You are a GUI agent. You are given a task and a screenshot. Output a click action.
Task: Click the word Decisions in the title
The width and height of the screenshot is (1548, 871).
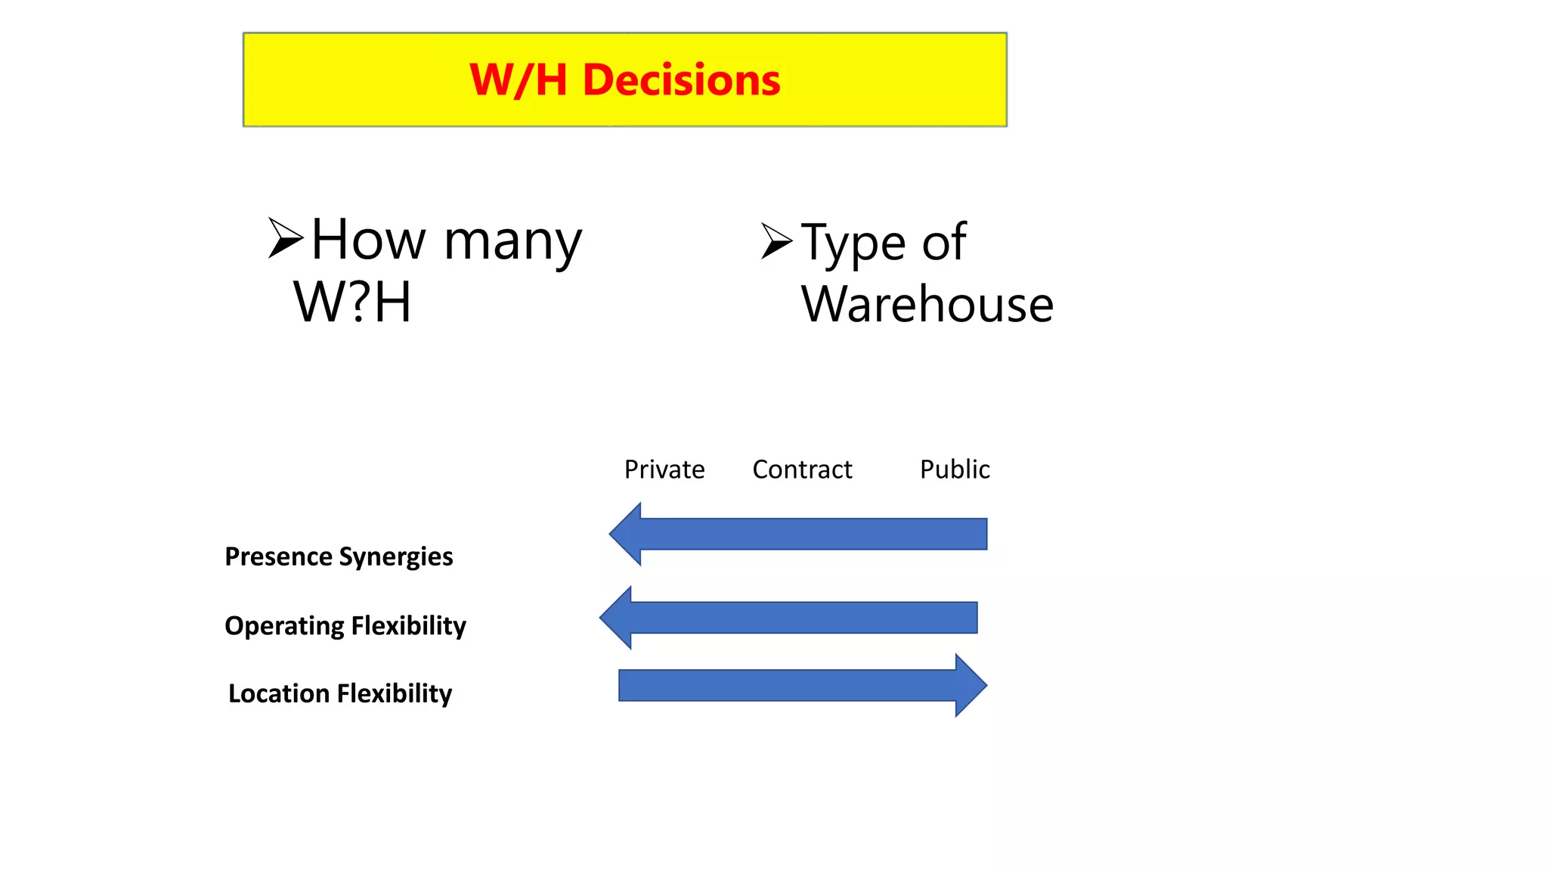(681, 80)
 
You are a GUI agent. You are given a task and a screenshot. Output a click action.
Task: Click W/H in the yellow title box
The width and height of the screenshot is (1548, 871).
(519, 80)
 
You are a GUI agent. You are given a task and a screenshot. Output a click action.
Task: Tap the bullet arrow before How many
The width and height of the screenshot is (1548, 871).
(285, 238)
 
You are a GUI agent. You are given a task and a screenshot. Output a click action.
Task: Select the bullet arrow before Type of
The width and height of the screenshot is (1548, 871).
(776, 241)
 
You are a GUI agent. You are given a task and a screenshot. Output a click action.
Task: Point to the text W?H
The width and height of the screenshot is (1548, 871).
(352, 302)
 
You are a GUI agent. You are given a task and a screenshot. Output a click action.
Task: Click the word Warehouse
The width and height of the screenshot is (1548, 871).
(927, 305)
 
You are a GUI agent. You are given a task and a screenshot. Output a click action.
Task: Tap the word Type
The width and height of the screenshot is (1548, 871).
(853, 243)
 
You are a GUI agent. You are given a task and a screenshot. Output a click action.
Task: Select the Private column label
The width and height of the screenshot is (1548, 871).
(664, 470)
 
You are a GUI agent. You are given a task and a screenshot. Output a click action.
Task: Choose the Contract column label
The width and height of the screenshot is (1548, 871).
(802, 470)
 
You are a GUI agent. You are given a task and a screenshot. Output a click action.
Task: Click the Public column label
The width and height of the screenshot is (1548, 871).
(955, 470)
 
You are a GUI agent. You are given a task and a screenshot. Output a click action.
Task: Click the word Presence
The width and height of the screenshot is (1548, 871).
(278, 556)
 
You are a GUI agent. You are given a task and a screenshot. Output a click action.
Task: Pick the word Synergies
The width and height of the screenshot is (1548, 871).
(396, 557)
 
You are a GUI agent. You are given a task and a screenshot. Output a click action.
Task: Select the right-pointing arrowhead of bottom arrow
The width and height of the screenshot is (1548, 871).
(970, 685)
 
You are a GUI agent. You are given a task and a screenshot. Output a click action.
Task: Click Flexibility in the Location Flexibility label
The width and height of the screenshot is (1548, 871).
(395, 693)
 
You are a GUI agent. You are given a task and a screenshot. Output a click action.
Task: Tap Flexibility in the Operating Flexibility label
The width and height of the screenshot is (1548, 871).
(408, 626)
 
